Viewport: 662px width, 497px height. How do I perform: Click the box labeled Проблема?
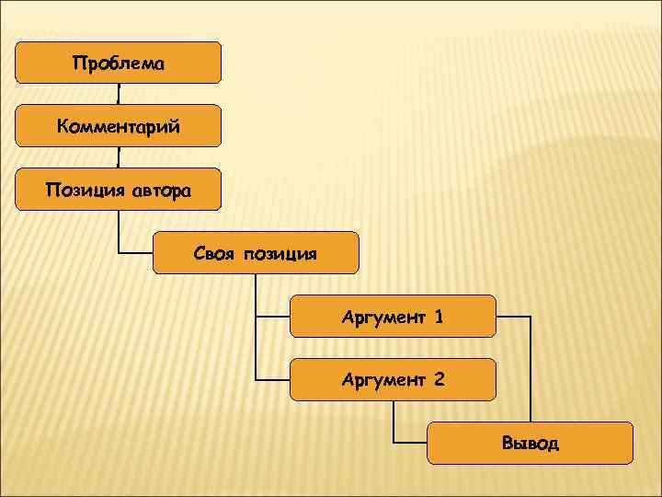[x=119, y=63]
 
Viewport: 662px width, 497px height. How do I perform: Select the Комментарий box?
[x=119, y=125]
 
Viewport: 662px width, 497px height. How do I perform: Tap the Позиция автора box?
[x=119, y=189]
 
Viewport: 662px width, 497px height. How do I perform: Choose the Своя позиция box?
[x=256, y=252]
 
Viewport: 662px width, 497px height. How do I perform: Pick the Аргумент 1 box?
[x=393, y=316]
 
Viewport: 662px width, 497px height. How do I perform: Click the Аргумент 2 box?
[x=393, y=379]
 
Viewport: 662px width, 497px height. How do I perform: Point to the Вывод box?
[x=531, y=443]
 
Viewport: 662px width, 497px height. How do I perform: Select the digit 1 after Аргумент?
[x=439, y=318]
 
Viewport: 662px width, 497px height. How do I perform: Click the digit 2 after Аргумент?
[x=439, y=379]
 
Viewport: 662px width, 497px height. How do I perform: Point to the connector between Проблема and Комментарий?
[x=119, y=94]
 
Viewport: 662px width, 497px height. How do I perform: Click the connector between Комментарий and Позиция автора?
[x=119, y=157]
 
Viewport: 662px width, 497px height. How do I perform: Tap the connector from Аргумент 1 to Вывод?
[x=531, y=368]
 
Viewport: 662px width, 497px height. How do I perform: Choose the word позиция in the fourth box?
[x=280, y=253]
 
